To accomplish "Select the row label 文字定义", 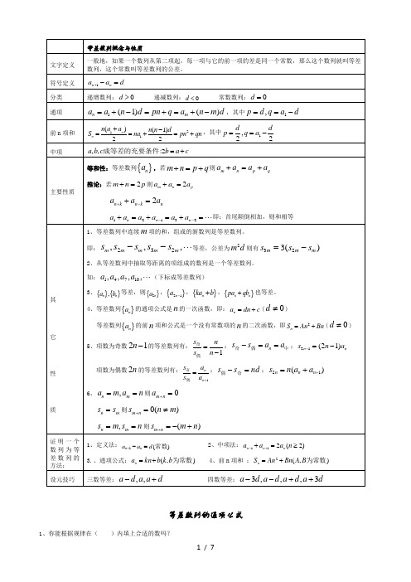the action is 62,62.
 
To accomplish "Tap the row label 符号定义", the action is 62,82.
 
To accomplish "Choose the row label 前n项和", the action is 62,132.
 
